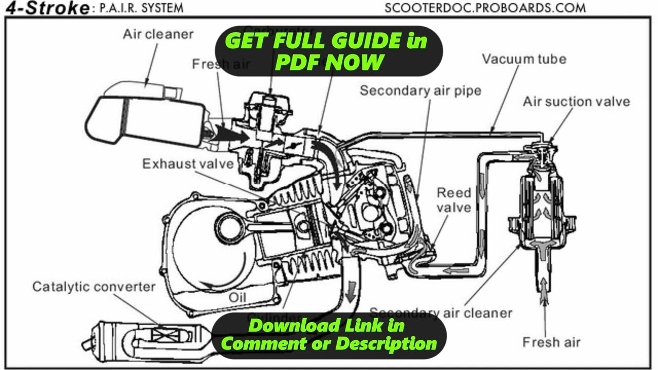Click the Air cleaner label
click(x=158, y=34)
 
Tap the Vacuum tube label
click(x=524, y=59)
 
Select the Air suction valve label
click(x=576, y=101)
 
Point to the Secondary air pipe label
click(x=421, y=91)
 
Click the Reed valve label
click(x=453, y=200)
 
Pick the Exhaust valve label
click(x=188, y=164)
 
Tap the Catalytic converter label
click(x=94, y=286)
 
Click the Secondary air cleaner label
click(x=441, y=313)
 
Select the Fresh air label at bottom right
click(x=551, y=342)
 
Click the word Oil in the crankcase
click(x=238, y=297)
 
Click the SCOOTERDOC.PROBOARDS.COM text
click(x=485, y=8)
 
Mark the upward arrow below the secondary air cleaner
click(x=543, y=293)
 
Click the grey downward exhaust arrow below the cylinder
click(x=352, y=290)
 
